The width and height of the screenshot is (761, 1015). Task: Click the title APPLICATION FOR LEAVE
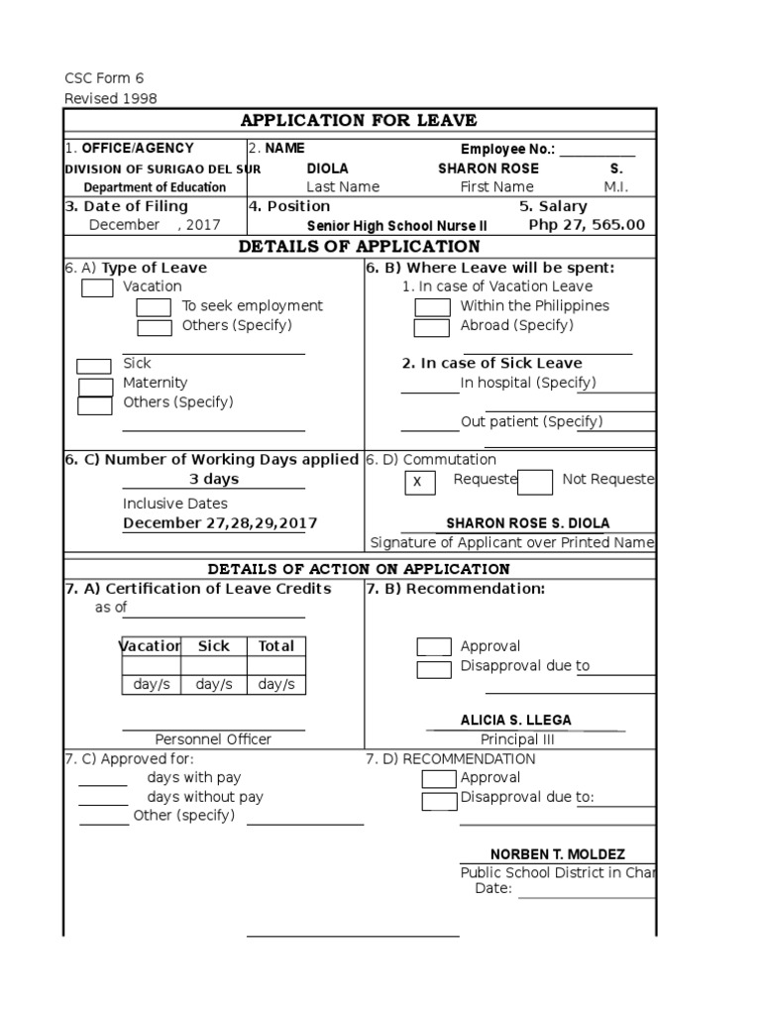point(359,121)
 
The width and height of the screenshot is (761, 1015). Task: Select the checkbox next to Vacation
point(97,288)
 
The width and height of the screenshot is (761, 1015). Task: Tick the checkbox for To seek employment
point(154,307)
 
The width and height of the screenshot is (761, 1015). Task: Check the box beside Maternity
point(95,387)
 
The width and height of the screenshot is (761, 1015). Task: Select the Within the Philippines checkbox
point(431,307)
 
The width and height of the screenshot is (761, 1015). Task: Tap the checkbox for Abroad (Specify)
point(431,328)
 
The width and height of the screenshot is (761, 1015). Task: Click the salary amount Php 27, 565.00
point(587,225)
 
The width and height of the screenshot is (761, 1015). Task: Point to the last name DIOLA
point(327,169)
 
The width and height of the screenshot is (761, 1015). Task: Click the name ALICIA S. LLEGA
point(515,721)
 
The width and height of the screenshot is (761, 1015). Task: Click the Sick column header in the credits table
point(213,646)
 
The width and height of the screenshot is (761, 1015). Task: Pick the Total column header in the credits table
point(275,646)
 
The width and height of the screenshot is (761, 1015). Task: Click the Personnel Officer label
point(213,739)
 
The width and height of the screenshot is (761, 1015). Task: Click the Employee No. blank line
point(598,152)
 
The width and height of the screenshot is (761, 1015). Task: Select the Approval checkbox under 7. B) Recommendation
point(434,647)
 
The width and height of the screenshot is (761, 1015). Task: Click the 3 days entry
point(214,480)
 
